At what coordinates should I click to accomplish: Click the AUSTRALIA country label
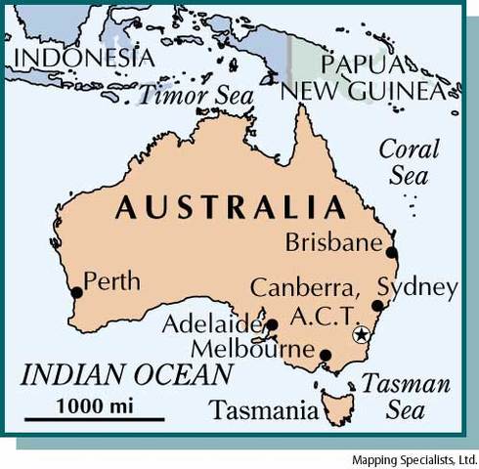tap(231, 207)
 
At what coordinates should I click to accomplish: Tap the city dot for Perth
tap(76, 292)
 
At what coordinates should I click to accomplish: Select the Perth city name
tap(111, 282)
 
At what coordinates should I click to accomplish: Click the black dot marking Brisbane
tap(392, 252)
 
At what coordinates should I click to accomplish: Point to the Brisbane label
tap(332, 242)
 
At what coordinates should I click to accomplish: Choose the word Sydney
tap(417, 287)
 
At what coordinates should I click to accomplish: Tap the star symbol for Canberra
tap(361, 335)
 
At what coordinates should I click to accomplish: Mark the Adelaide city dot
tap(272, 325)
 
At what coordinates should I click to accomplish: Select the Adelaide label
tap(212, 324)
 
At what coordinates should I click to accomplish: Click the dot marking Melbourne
tap(326, 355)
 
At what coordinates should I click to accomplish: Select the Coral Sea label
tap(409, 162)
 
